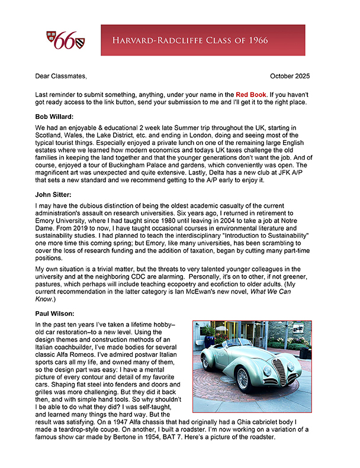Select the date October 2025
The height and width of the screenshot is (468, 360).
coord(289,76)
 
